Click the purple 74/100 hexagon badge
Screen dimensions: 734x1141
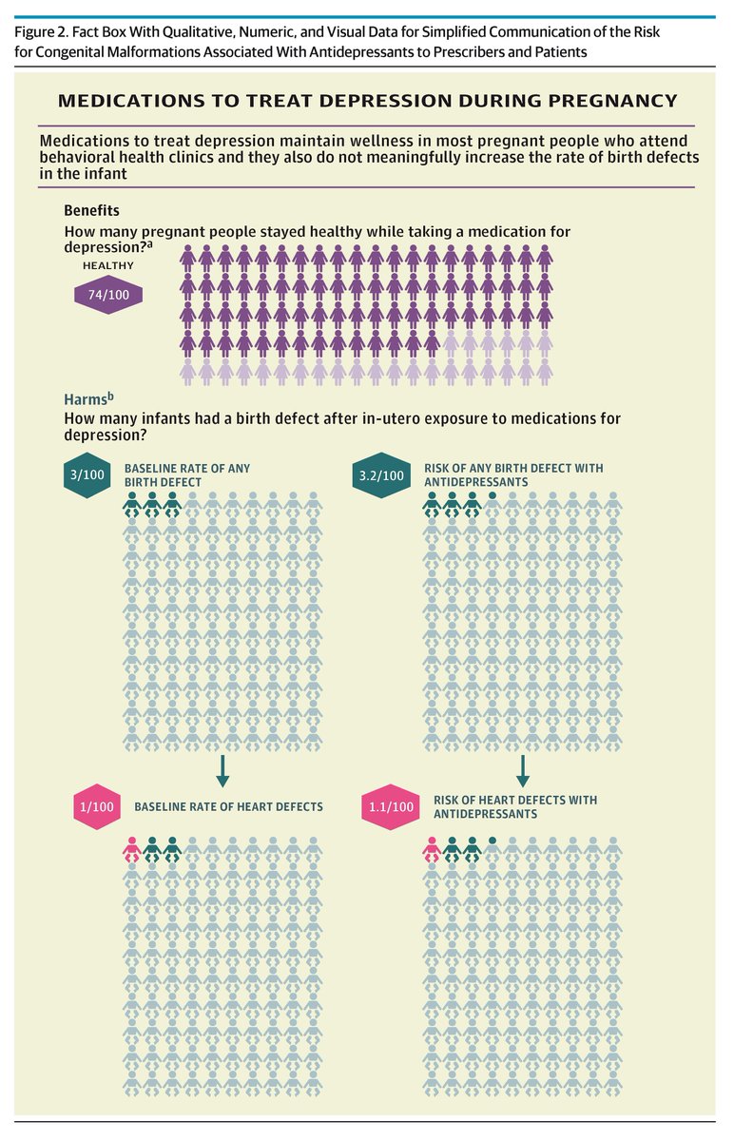click(x=108, y=295)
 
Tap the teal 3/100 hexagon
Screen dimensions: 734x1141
click(x=87, y=474)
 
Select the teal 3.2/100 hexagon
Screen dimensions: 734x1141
click(x=381, y=475)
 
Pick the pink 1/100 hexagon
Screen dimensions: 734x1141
click(x=97, y=807)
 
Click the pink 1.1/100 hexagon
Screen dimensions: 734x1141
click(x=391, y=807)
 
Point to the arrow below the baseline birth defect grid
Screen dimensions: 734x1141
click(x=222, y=771)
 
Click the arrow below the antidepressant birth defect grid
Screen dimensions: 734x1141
click(x=523, y=771)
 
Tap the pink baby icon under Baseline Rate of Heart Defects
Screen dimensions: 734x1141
click(x=132, y=849)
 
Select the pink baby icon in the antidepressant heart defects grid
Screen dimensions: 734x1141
click(x=432, y=849)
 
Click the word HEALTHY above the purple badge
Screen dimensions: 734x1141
click(x=108, y=265)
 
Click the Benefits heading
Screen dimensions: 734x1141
click(x=91, y=210)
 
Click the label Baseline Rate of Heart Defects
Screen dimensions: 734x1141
click(x=229, y=807)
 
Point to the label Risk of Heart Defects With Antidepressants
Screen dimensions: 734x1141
click(x=515, y=807)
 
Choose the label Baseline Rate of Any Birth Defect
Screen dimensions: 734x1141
click(x=187, y=475)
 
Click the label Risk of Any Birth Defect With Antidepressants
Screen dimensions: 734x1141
click(x=513, y=475)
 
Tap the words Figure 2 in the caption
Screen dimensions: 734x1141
click(x=40, y=32)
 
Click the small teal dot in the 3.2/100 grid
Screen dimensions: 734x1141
click(x=493, y=495)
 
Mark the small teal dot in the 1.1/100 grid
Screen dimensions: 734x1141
click(x=493, y=841)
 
